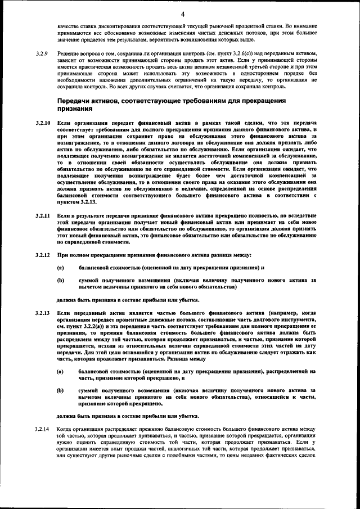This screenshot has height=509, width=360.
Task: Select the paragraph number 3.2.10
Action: (42, 122)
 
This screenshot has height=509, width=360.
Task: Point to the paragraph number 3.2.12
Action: (42, 256)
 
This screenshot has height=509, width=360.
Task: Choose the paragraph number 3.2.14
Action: (42, 430)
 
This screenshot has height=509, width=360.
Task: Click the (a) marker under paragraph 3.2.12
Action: (60, 268)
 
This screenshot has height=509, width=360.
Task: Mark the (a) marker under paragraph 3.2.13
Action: (60, 372)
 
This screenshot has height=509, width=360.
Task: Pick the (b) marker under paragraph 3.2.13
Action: (60, 390)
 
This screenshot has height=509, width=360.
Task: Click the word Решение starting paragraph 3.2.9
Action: (69, 52)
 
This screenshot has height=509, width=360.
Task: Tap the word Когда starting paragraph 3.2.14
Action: (65, 430)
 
